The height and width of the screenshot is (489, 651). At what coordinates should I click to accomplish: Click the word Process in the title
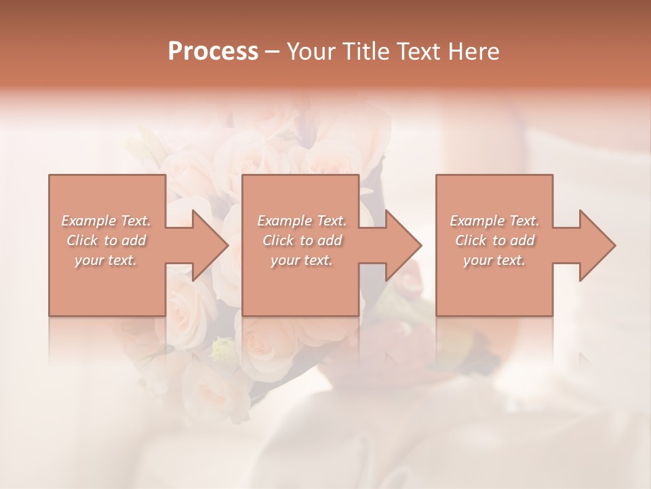pos(213,52)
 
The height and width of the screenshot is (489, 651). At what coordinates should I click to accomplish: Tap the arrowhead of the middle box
pos(403,245)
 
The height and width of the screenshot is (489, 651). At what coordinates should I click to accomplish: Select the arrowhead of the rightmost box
pos(597,245)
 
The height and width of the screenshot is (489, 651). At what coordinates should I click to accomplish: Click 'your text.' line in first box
pos(106,260)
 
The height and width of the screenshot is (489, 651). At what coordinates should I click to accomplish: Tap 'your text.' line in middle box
pos(302,260)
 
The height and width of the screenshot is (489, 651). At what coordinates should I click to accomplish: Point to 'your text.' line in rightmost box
pos(494,260)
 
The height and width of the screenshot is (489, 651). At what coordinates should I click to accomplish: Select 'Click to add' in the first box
pos(106,240)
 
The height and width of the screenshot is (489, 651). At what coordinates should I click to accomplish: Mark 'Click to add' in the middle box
pos(302,240)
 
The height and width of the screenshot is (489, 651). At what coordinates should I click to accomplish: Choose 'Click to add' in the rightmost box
pos(495,240)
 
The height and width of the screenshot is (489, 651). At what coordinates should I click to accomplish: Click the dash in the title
pos(273,52)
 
